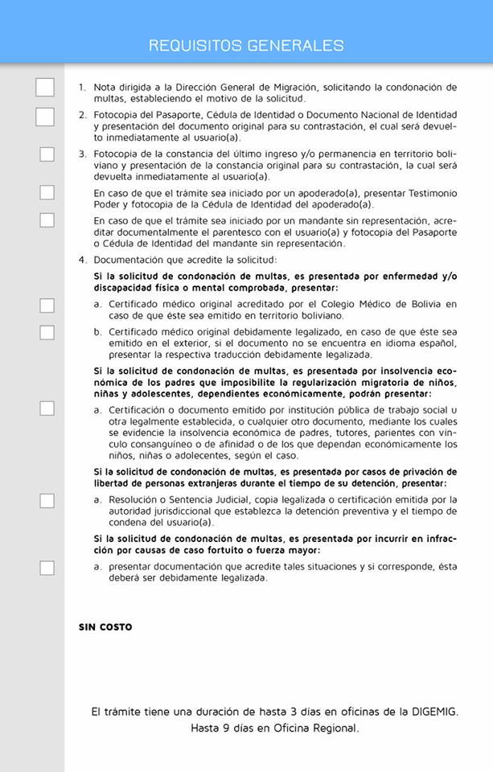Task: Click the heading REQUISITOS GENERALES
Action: [246, 46]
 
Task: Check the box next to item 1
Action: [45, 88]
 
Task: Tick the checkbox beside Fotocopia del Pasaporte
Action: [45, 117]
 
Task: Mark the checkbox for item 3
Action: [47, 154]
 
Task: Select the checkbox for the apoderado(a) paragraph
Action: [47, 192]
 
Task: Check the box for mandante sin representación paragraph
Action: [47, 220]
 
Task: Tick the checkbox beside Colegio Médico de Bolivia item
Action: [47, 305]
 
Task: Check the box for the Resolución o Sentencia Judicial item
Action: [47, 500]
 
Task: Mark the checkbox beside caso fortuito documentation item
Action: [47, 568]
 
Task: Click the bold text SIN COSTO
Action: [105, 627]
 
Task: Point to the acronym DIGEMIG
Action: [431, 712]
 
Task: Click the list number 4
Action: [82, 260]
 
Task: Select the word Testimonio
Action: [429, 194]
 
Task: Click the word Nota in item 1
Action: [105, 87]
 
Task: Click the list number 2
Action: [82, 115]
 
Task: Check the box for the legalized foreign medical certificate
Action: [47, 332]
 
